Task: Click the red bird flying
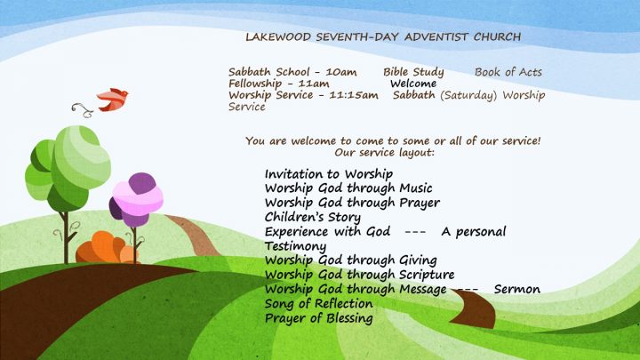pyautogui.click(x=112, y=100)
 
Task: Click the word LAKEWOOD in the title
pyautogui.click(x=278, y=36)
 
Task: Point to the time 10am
pyautogui.click(x=340, y=72)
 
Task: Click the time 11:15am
pyautogui.click(x=354, y=95)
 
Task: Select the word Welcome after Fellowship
pyautogui.click(x=413, y=84)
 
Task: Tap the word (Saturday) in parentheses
pyautogui.click(x=468, y=95)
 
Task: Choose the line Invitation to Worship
pyautogui.click(x=329, y=174)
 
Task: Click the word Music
pyautogui.click(x=415, y=188)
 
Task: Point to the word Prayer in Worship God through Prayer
pyautogui.click(x=420, y=204)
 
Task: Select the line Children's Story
pyautogui.click(x=313, y=217)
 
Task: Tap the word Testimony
pyautogui.click(x=295, y=246)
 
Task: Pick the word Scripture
pyautogui.click(x=427, y=275)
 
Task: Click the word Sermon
pyautogui.click(x=517, y=290)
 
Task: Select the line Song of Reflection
pyautogui.click(x=318, y=304)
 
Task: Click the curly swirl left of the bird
pyautogui.click(x=83, y=110)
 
